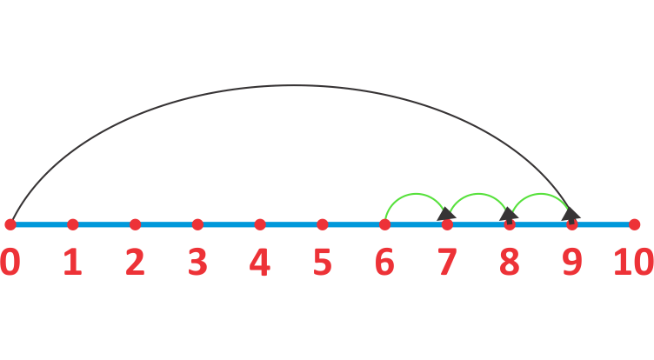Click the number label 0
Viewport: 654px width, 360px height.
pos(10,263)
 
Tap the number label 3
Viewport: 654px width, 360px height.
pos(197,263)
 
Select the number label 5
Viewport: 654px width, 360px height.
pos(323,263)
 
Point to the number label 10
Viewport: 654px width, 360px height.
pos(633,263)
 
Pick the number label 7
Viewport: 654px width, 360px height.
pos(447,263)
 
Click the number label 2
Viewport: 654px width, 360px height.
pos(135,263)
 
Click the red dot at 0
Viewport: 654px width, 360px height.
pos(10,224)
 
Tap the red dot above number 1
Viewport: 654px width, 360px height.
pos(73,224)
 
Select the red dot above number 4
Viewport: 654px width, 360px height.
pos(260,224)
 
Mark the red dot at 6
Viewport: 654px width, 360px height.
pos(385,224)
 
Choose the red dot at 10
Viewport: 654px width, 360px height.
pos(635,224)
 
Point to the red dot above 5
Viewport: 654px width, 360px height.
pos(323,224)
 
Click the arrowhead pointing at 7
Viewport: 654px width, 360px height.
pos(446,213)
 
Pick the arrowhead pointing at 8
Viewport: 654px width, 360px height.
pos(509,213)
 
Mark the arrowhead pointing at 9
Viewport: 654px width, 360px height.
pos(571,213)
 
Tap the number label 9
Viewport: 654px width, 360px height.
pos(571,263)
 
